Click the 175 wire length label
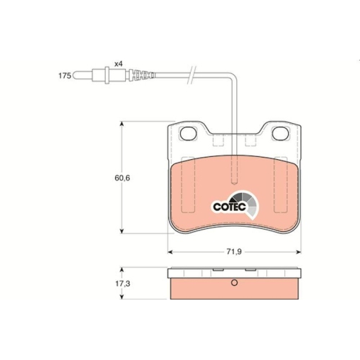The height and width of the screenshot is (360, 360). [x=65, y=74]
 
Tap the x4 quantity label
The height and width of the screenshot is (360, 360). [x=117, y=64]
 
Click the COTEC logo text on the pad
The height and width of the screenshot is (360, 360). [x=230, y=205]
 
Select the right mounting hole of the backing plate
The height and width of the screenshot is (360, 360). [x=279, y=133]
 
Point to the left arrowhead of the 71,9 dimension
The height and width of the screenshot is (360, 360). [x=170, y=251]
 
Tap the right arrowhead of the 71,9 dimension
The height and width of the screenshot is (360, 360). [x=298, y=251]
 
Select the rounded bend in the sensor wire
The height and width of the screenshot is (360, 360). [x=232, y=77]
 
